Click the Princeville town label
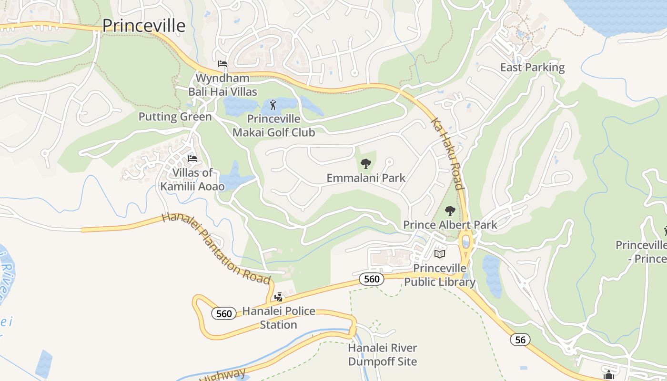pos(144,25)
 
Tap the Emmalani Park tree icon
pos(365,164)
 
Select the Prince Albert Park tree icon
pos(450,211)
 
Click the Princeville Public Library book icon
pos(440,254)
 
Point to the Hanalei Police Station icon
pos(279,298)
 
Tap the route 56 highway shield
pos(520,340)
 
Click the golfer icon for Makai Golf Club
pos(273,104)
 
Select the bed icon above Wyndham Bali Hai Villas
pos(222,64)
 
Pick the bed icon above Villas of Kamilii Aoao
pos(192,158)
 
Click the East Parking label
pos(532,68)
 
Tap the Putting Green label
pos(175,117)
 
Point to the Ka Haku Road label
pos(447,153)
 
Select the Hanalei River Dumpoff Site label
pos(383,355)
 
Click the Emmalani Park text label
pos(366,178)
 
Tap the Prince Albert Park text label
pos(450,225)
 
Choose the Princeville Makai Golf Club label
pos(273,126)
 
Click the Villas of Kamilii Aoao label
pos(192,180)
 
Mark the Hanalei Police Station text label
pos(279,318)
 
